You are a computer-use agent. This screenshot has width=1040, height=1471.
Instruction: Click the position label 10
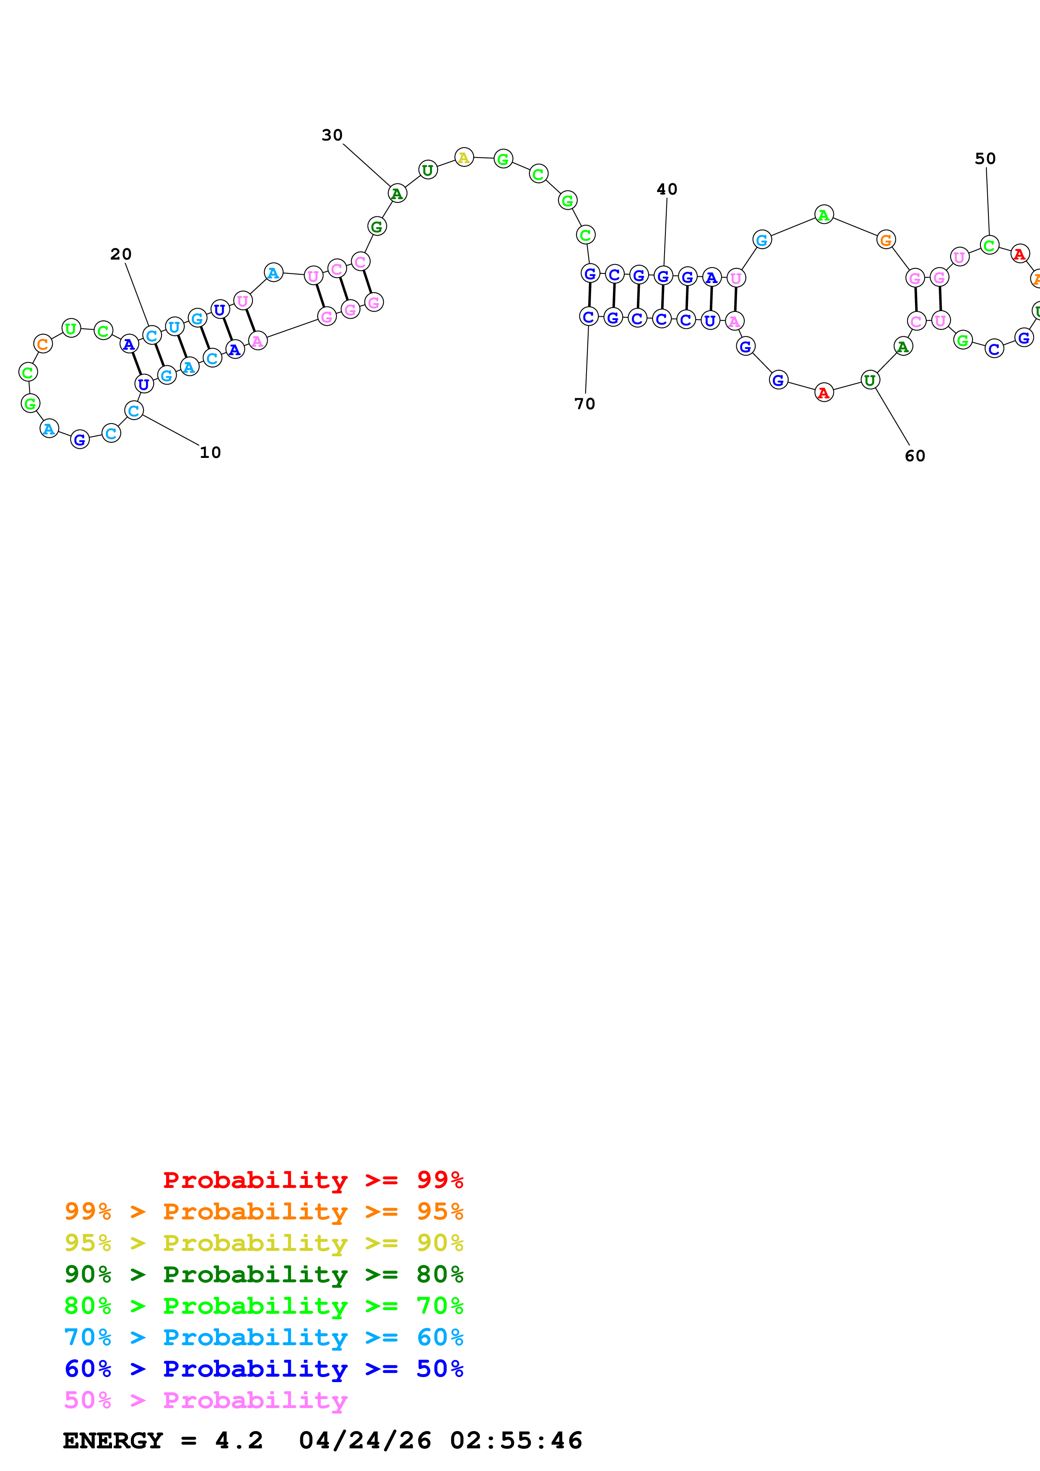210,453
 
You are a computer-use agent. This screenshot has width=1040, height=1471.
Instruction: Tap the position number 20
121,255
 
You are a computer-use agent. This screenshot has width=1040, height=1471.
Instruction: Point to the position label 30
332,135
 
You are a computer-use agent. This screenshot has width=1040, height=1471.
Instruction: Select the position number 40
667,189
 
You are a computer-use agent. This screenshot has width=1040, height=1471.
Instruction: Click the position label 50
985,159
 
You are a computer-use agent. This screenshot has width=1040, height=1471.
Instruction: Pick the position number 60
915,456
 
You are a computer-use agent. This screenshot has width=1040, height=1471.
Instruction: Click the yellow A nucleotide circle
464,157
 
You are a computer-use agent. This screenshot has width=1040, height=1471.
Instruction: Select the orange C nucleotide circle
43,344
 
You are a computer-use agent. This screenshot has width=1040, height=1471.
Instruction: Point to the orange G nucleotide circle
886,240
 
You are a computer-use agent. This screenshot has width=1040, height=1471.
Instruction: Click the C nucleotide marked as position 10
134,411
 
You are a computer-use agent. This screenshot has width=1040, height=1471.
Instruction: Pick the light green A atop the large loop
824,215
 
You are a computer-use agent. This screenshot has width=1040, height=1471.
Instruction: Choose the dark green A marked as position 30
397,193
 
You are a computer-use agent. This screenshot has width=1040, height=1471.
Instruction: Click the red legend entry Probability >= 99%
313,1180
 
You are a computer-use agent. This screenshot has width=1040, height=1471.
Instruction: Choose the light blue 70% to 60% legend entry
264,1337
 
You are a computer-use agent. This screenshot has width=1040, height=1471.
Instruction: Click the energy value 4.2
239,1441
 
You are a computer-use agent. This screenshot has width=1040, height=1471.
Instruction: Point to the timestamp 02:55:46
516,1441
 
